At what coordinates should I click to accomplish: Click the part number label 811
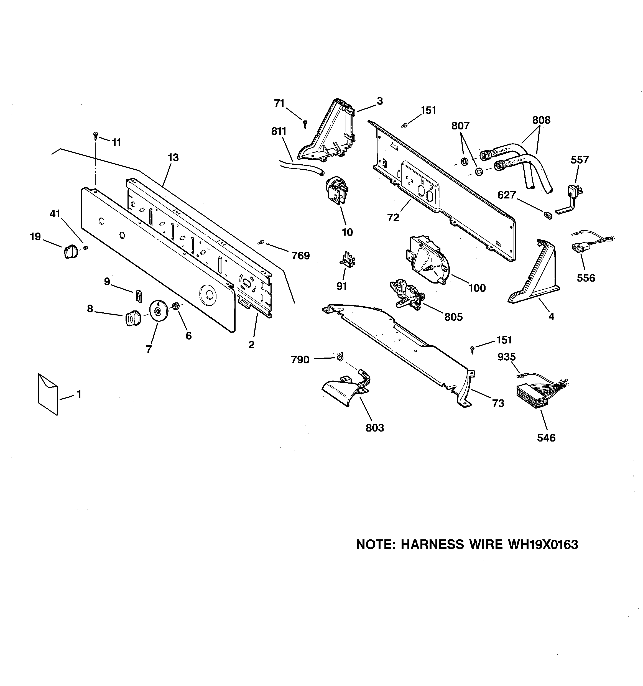[279, 131]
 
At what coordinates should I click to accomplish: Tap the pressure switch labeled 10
[337, 191]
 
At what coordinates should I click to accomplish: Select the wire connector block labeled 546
[531, 396]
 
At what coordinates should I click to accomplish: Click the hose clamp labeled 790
[340, 356]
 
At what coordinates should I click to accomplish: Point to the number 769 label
[300, 256]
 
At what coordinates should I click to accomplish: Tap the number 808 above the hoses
[541, 120]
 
